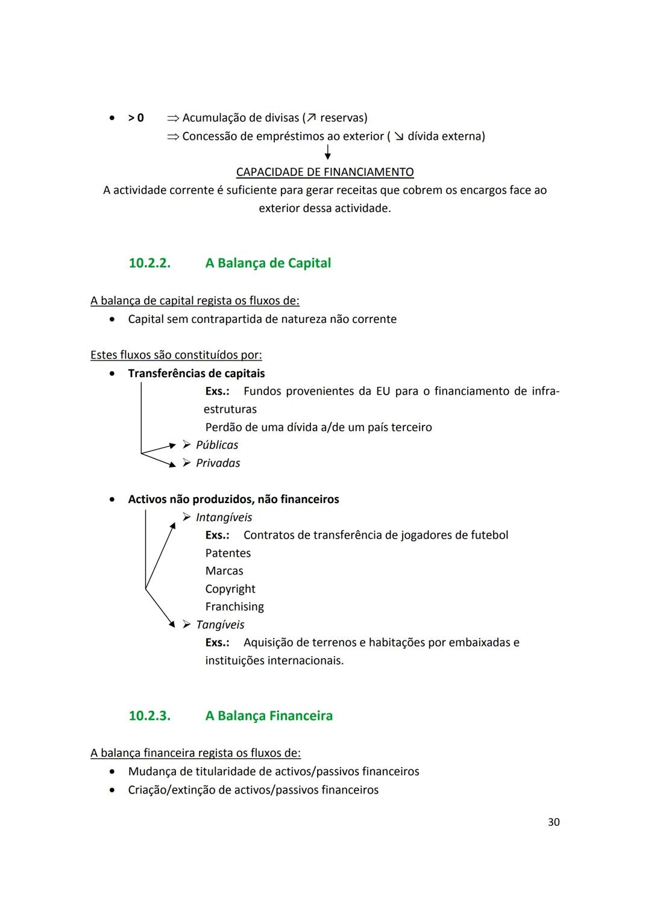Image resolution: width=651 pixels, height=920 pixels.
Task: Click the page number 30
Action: click(x=553, y=822)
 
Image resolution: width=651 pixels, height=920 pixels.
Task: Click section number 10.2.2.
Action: click(x=149, y=263)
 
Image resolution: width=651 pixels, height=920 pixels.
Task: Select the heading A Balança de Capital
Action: click(x=268, y=263)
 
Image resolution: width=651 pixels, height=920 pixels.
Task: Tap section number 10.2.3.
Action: click(x=149, y=716)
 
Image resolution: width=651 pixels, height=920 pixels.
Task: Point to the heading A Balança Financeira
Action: click(x=269, y=716)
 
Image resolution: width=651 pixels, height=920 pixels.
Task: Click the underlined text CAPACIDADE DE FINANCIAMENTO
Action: click(x=325, y=172)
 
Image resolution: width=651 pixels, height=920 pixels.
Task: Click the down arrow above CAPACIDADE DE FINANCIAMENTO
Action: click(x=327, y=152)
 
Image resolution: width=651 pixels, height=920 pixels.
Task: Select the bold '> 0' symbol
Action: click(x=136, y=118)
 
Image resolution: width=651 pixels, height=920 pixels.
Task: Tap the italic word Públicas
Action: click(x=217, y=445)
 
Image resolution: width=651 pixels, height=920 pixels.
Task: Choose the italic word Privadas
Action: click(x=218, y=463)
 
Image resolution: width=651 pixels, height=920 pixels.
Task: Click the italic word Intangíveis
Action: click(x=224, y=518)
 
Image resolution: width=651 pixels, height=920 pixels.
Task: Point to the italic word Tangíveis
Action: click(x=220, y=625)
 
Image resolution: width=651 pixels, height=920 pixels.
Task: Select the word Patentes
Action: click(x=228, y=553)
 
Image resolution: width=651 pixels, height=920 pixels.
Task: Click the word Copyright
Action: click(x=230, y=589)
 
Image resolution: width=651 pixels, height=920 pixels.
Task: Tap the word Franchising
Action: click(x=234, y=607)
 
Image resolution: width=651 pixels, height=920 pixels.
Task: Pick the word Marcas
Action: click(x=224, y=571)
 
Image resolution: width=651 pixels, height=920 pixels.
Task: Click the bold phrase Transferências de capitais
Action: click(x=197, y=374)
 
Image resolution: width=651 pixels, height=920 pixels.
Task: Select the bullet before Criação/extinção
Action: click(x=112, y=790)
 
